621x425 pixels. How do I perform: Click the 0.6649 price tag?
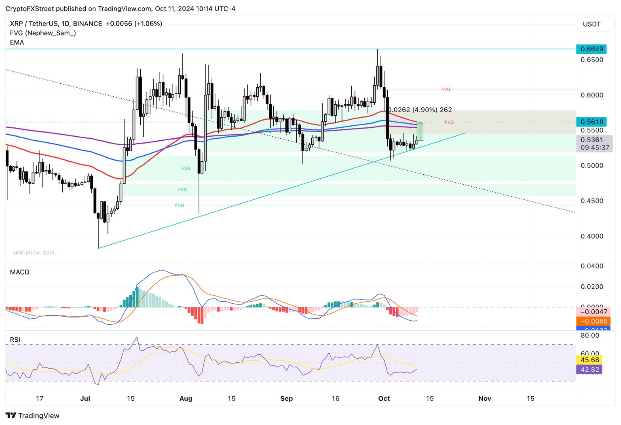(x=592, y=49)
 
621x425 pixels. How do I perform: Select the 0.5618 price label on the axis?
(x=592, y=122)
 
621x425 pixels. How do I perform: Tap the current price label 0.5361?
(x=592, y=140)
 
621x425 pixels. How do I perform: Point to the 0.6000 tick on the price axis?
(x=592, y=95)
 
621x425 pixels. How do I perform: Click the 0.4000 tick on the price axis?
(x=592, y=236)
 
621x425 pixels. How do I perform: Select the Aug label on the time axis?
(x=186, y=398)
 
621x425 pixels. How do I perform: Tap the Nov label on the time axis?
(x=485, y=398)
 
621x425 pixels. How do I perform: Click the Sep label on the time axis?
(x=286, y=398)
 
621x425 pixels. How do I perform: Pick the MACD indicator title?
(x=20, y=272)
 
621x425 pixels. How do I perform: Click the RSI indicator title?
(x=15, y=340)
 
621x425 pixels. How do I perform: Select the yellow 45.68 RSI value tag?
(x=590, y=360)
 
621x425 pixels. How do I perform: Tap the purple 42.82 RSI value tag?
(x=590, y=369)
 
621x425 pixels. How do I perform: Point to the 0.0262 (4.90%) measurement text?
(x=420, y=110)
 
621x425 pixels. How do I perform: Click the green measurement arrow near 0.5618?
(x=420, y=131)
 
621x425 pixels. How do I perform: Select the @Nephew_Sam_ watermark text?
(x=35, y=253)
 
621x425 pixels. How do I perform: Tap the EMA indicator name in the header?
(x=17, y=42)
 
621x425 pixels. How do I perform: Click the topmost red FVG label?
(x=446, y=89)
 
